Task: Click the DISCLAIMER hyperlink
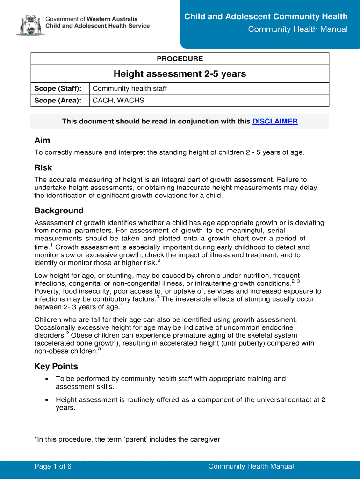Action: [x=275, y=122]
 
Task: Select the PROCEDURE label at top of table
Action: [x=180, y=59]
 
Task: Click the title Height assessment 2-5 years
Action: [x=180, y=74]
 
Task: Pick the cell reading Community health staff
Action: [x=130, y=88]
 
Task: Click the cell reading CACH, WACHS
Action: [x=118, y=101]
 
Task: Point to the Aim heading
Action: [x=43, y=141]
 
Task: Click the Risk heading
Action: [x=43, y=168]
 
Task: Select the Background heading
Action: [x=59, y=211]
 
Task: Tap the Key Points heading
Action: [x=56, y=367]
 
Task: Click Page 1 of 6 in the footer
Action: [x=53, y=466]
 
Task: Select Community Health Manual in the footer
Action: [x=251, y=466]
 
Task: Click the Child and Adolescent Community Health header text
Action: [x=266, y=17]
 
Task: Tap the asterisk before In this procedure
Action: [x=36, y=439]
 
